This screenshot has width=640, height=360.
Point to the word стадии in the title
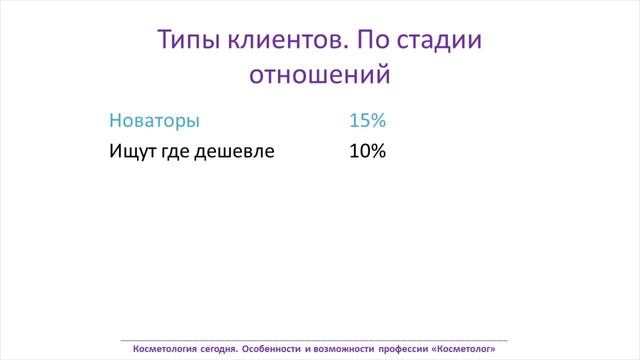pyautogui.click(x=439, y=41)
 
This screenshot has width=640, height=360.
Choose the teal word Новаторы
pyautogui.click(x=154, y=121)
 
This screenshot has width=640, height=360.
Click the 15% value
pyautogui.click(x=367, y=121)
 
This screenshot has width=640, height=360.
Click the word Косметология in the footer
pyautogui.click(x=171, y=349)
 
